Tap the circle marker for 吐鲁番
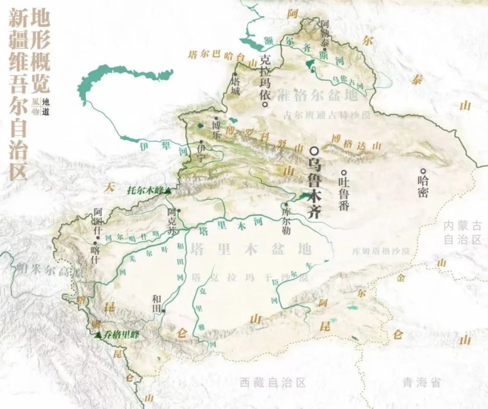[x=344, y=172]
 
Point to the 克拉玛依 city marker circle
[x=265, y=104]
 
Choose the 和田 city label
[x=156, y=300]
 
